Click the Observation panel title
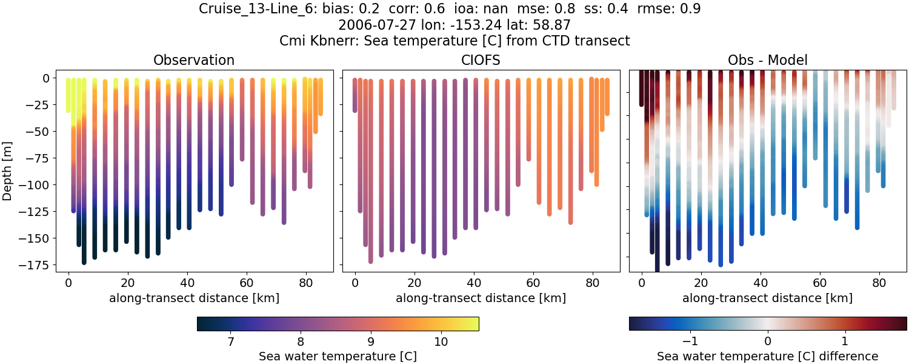(194, 60)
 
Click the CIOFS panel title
(481, 60)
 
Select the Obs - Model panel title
(767, 60)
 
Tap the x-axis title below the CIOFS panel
(481, 298)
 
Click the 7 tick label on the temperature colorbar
(231, 342)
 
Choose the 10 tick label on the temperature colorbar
(441, 342)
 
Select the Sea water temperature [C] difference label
(767, 356)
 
